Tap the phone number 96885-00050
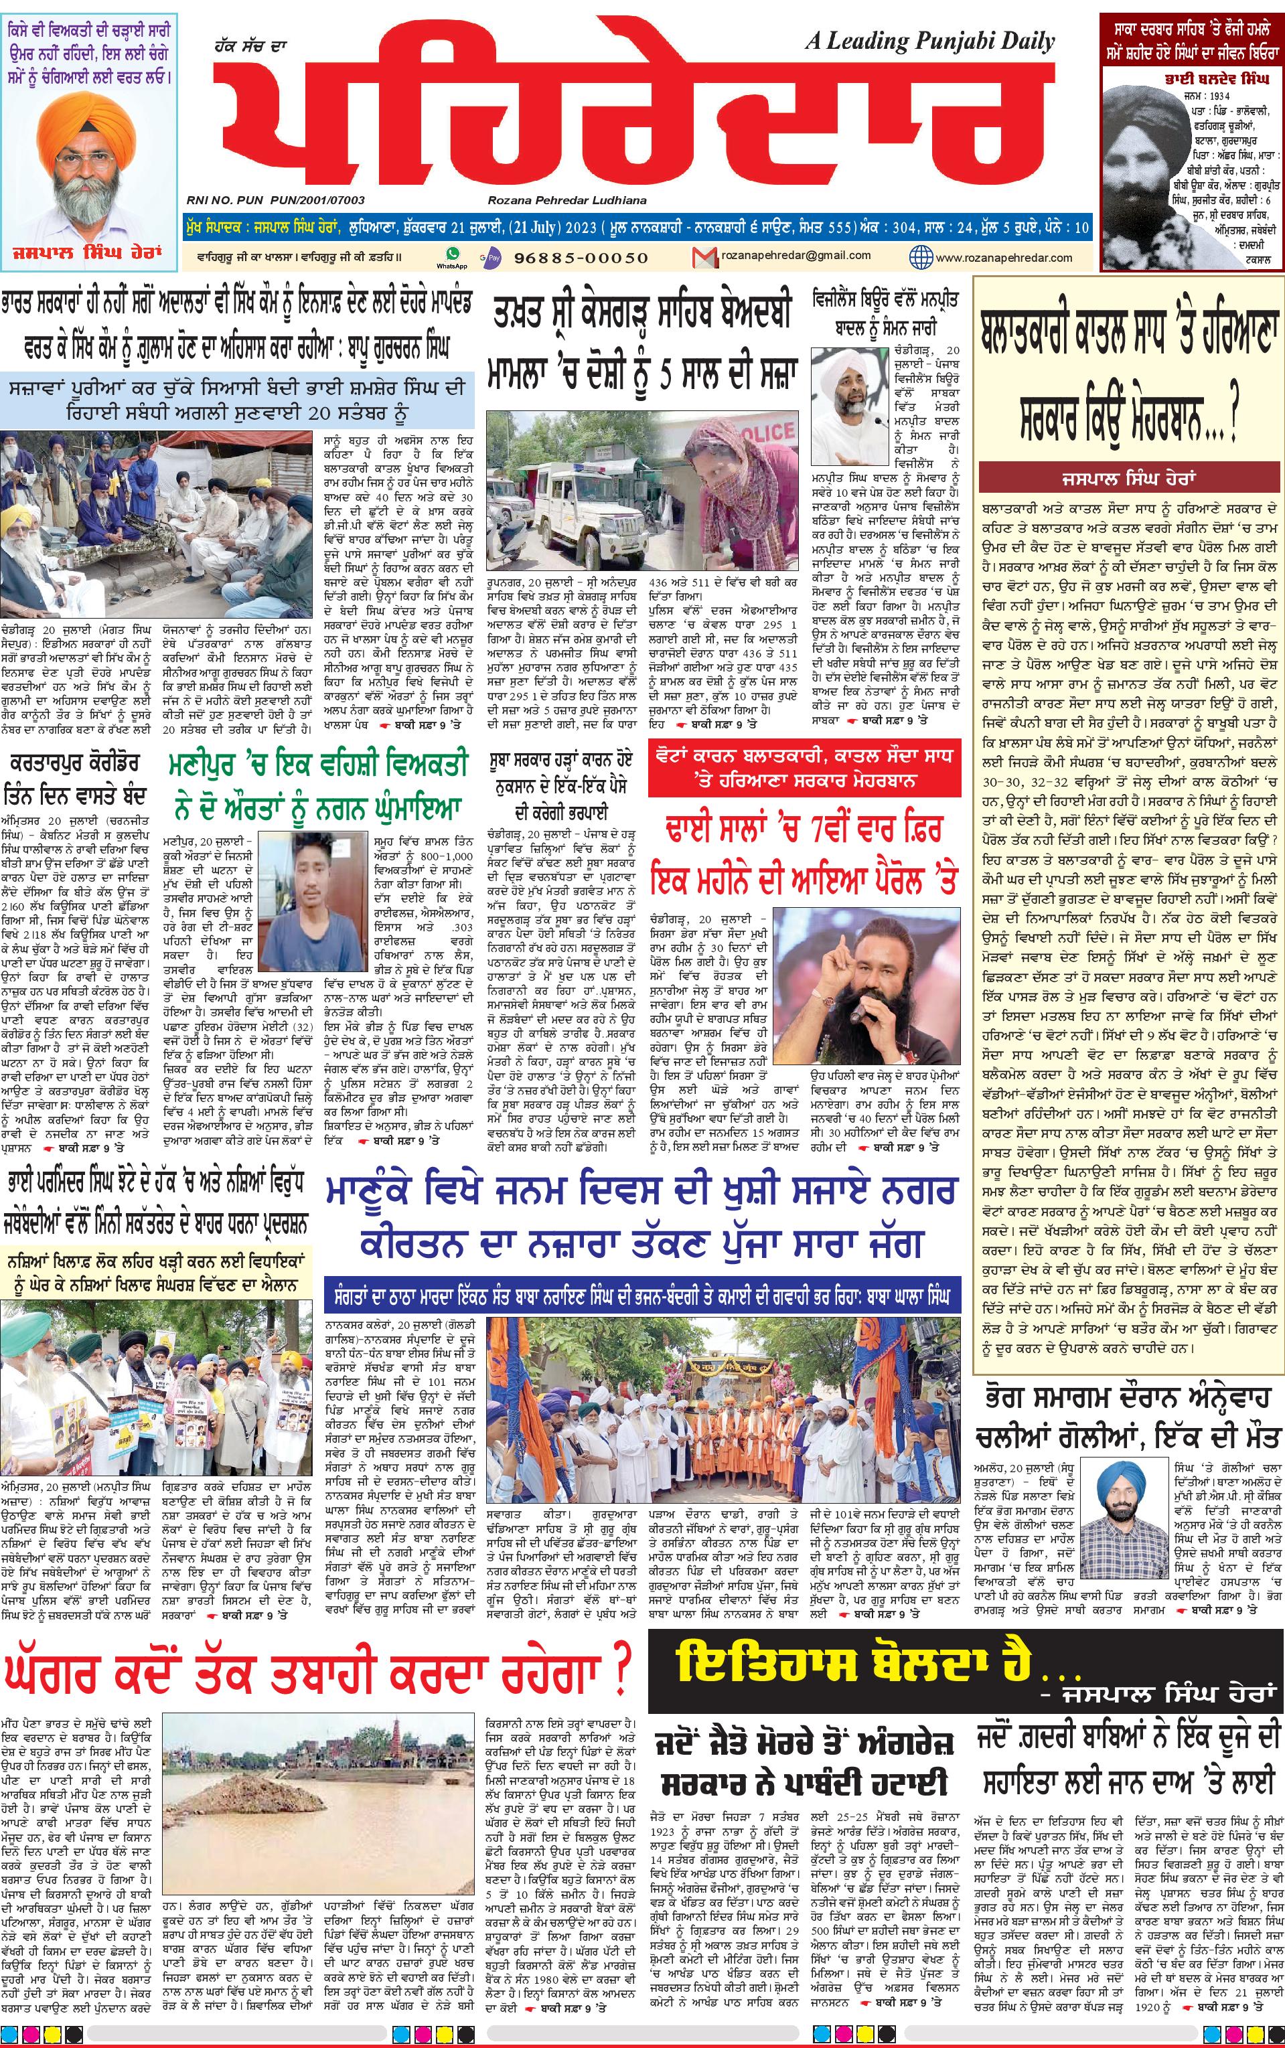coord(581,257)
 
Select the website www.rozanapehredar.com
coord(1003,257)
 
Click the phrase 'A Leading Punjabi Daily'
coord(929,41)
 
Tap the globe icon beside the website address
coord(921,256)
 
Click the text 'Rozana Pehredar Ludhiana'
coord(567,200)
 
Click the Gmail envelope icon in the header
coord(704,256)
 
